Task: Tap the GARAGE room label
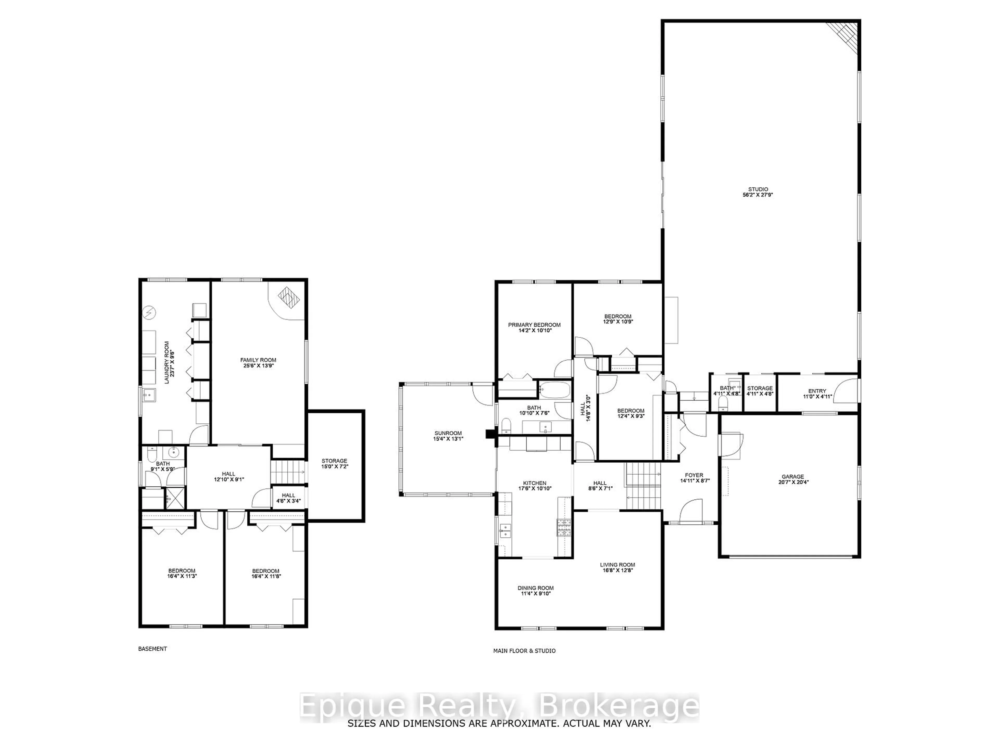793,479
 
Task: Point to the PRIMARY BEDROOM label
534,327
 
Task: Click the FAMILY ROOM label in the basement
258,363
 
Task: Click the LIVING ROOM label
617,567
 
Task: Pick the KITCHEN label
535,485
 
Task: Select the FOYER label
694,478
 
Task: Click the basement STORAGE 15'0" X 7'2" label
334,464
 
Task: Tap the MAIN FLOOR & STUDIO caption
524,651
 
